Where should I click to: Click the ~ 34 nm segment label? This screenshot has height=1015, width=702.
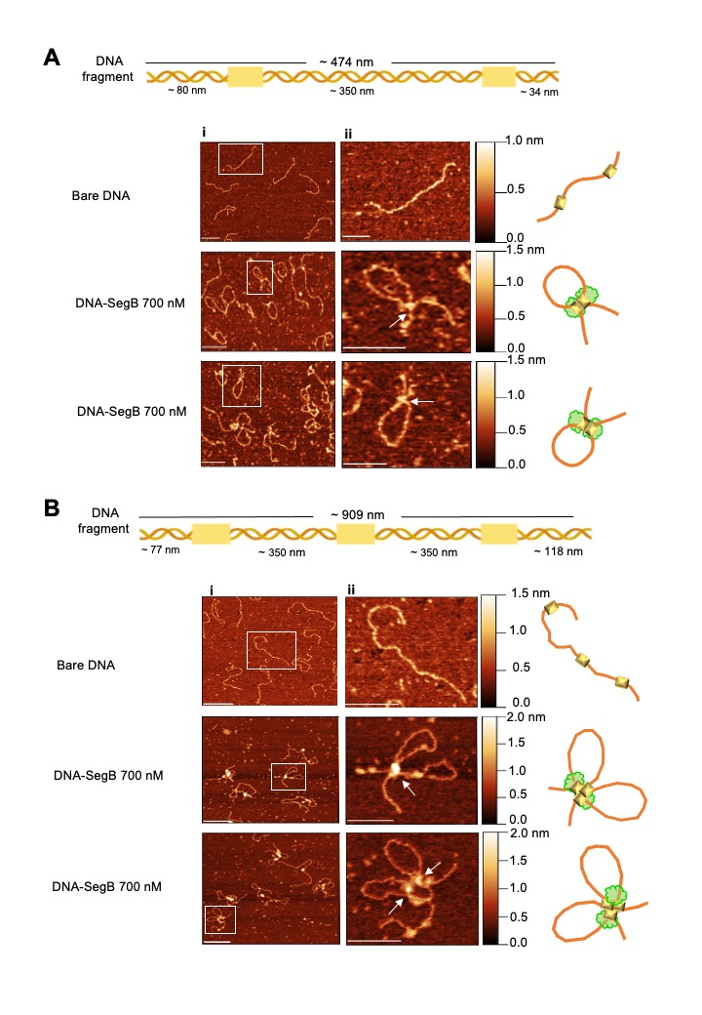(539, 93)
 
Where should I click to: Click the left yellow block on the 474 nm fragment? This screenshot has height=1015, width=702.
(244, 76)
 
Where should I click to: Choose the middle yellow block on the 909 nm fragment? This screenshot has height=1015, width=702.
(355, 533)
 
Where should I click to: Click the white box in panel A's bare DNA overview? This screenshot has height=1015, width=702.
(240, 159)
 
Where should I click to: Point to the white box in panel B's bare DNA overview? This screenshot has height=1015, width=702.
(270, 650)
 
